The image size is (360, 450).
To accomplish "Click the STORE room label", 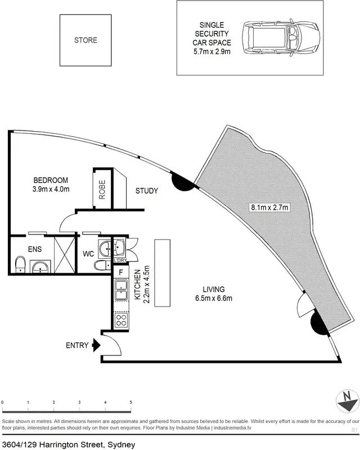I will pos(85,40).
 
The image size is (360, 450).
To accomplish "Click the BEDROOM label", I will pos(51,181).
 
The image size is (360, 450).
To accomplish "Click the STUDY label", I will pos(146,191).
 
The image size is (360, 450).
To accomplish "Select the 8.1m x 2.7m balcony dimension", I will pos(269,208).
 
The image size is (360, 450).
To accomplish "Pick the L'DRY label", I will pos(120,260).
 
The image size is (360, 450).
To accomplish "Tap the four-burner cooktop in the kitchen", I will pos(121,321).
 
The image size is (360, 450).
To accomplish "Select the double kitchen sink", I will pos(121,291).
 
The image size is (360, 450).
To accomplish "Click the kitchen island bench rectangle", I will pos(162,272).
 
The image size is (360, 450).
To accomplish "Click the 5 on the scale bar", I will pos(131,403).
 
